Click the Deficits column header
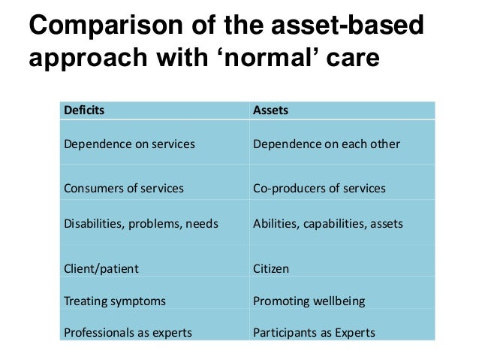[x=85, y=110]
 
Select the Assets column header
[x=271, y=110]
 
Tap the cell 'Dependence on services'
[x=129, y=144]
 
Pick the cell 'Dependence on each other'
[x=327, y=144]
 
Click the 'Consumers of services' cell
[x=124, y=189]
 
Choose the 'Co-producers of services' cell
[x=320, y=189]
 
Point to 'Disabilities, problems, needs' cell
[x=141, y=223]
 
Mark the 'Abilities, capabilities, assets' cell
[x=328, y=223]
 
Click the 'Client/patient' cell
[x=101, y=268]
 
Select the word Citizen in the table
[x=271, y=268]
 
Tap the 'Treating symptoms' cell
[x=115, y=301]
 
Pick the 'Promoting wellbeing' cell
[x=309, y=301]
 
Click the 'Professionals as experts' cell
[x=128, y=332]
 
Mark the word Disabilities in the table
[x=92, y=223]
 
